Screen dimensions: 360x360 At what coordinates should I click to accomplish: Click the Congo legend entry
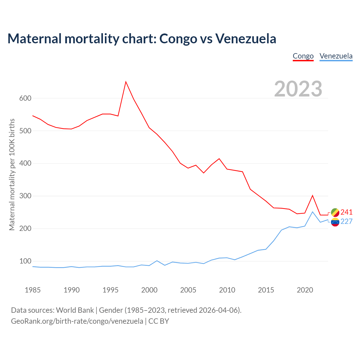pyautogui.click(x=303, y=56)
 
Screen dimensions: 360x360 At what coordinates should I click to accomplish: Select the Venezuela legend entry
pyautogui.click(x=336, y=56)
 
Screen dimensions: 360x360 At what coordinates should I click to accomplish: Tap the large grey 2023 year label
pyautogui.click(x=298, y=89)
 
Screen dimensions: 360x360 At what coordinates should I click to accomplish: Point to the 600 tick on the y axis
pyautogui.click(x=25, y=98)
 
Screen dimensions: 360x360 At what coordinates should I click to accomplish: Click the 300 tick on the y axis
pyautogui.click(x=25, y=196)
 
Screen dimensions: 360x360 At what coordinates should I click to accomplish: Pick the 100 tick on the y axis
pyautogui.click(x=25, y=261)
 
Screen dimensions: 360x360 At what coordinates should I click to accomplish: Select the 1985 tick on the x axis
pyautogui.click(x=33, y=290)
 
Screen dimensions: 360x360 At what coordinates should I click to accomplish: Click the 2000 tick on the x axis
pyautogui.click(x=149, y=290)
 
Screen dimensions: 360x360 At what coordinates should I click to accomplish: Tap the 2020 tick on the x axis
pyautogui.click(x=305, y=290)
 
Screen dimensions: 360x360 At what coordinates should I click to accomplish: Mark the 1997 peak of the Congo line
pyautogui.click(x=126, y=82)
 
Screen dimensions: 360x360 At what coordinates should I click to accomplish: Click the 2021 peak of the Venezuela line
pyautogui.click(x=312, y=212)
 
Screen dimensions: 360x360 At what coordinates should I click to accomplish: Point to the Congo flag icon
pyautogui.click(x=335, y=212)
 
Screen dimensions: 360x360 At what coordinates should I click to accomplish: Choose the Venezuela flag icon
pyautogui.click(x=335, y=222)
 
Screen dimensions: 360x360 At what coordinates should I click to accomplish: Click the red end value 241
pyautogui.click(x=346, y=212)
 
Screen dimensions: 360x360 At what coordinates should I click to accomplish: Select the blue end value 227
pyautogui.click(x=346, y=222)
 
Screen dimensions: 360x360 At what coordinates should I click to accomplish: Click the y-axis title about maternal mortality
pyautogui.click(x=12, y=174)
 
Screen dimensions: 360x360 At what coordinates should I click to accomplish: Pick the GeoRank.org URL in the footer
pyautogui.click(x=77, y=321)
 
